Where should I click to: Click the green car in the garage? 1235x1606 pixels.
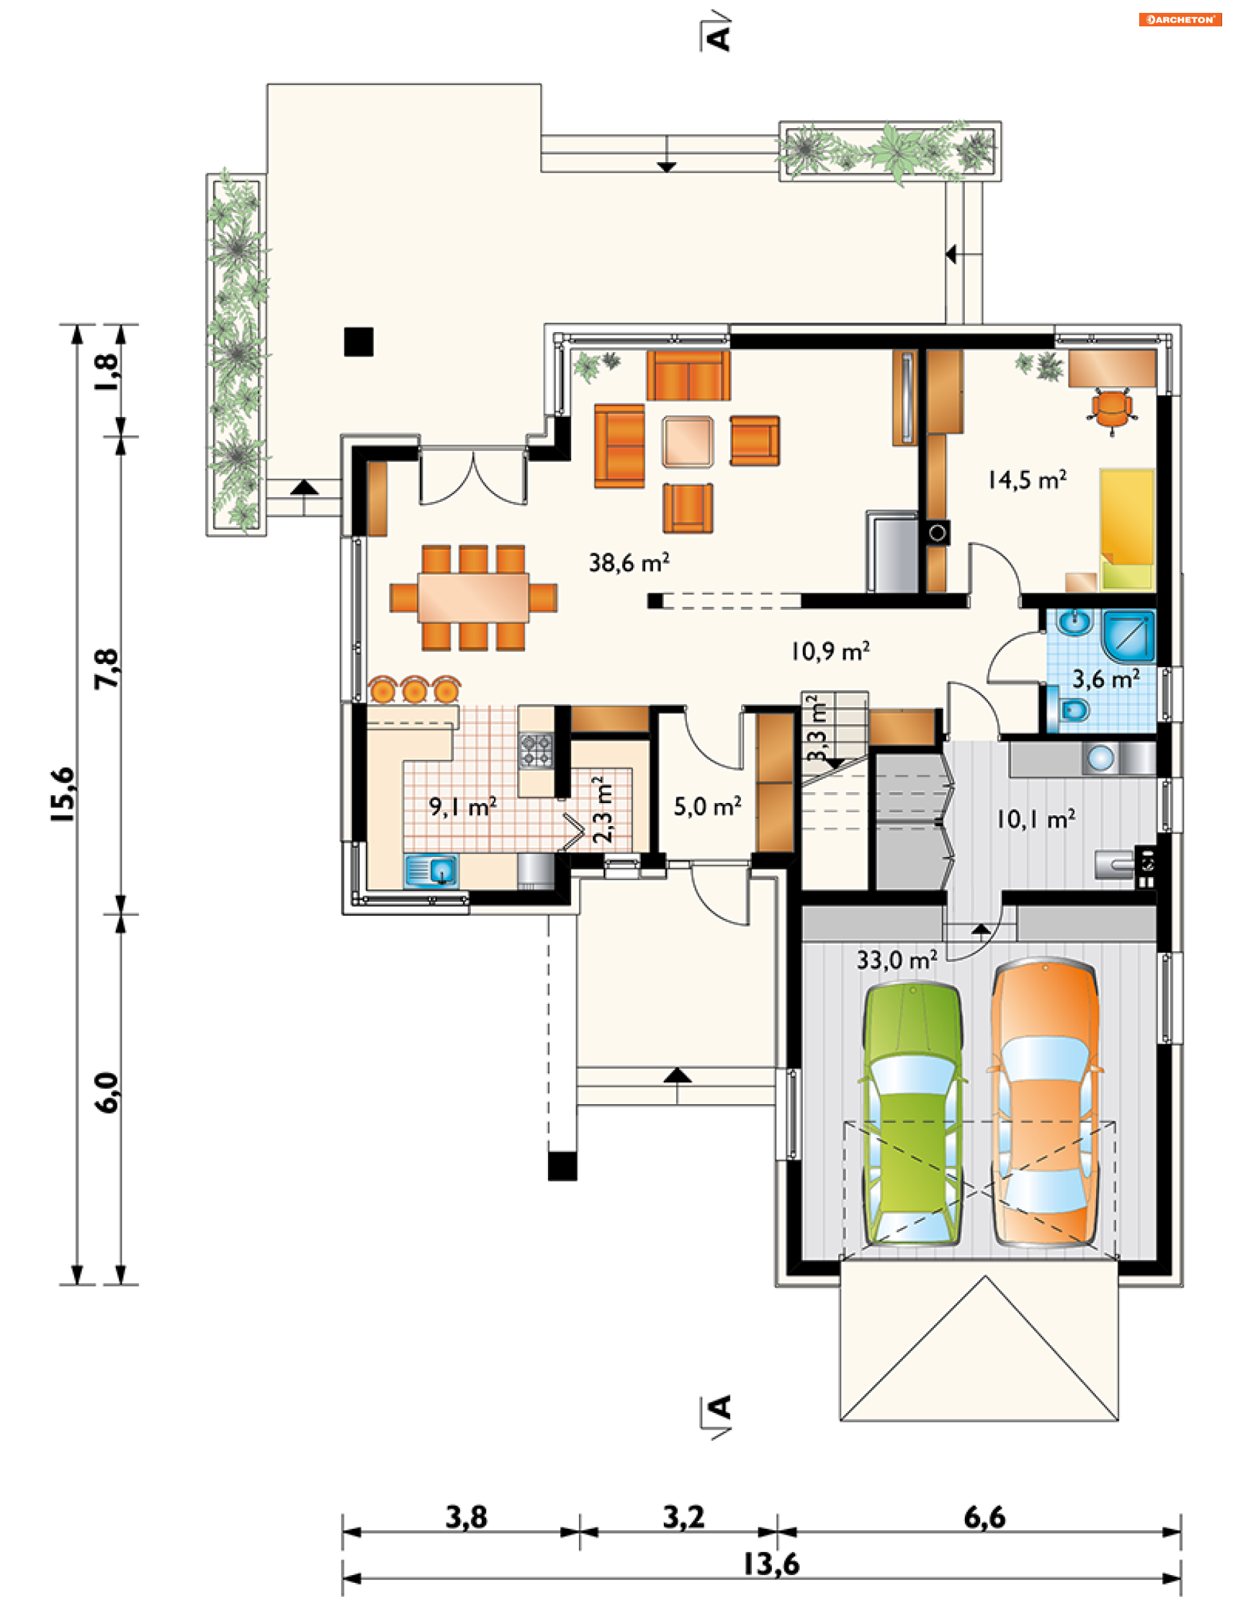(x=912, y=1113)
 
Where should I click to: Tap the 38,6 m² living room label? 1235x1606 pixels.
(x=628, y=562)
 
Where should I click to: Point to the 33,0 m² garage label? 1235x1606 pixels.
(x=897, y=959)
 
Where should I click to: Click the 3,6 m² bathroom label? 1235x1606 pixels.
(x=1106, y=678)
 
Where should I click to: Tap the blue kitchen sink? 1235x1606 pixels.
(x=431, y=871)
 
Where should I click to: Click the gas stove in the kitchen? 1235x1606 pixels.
(x=536, y=750)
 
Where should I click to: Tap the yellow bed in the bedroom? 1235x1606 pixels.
(x=1127, y=530)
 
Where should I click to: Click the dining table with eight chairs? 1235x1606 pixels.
(x=473, y=598)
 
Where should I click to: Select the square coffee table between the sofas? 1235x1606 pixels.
(x=688, y=442)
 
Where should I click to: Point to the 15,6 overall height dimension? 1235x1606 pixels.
(x=63, y=794)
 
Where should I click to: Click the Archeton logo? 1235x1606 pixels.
(x=1180, y=20)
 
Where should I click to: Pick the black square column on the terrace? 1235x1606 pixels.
(x=359, y=342)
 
